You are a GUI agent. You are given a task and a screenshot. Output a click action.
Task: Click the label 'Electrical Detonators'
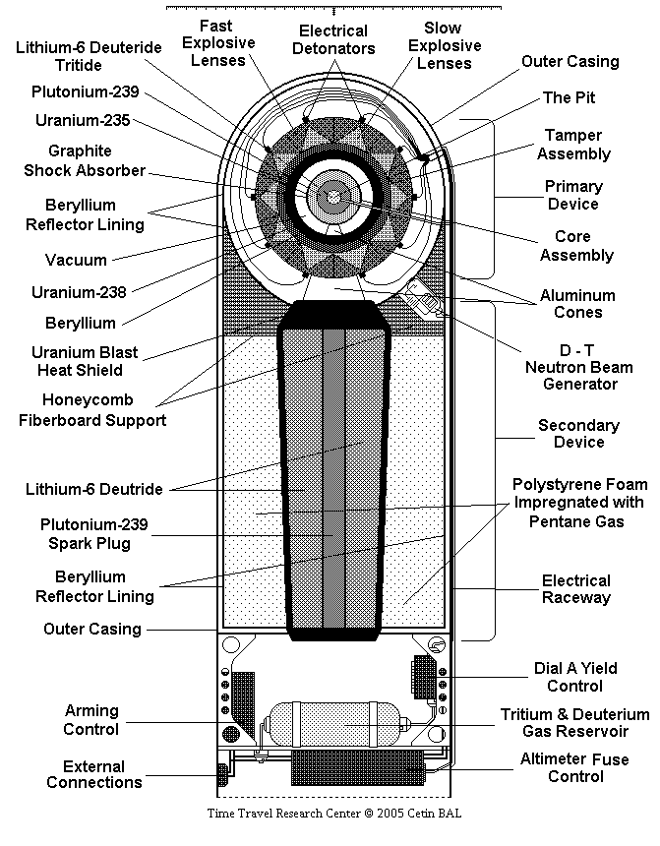coord(333,39)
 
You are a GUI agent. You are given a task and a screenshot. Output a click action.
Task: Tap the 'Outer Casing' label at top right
coord(570,62)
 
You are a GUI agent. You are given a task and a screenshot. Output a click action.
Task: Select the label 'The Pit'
coord(569,97)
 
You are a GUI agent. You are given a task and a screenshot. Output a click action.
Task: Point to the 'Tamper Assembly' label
coord(573,144)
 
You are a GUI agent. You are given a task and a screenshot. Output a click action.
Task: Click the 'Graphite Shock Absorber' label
coord(85,160)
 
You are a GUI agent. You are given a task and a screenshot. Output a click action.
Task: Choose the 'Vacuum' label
coord(76,260)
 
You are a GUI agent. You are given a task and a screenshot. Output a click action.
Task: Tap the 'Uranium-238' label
coord(79,292)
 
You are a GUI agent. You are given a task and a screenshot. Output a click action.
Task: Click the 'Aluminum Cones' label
coord(577,304)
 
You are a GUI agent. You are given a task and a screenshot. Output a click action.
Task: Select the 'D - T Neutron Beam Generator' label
coord(579,367)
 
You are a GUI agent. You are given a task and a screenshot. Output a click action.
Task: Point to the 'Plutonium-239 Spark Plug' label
coord(93,533)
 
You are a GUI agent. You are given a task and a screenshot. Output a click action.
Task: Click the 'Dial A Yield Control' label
coord(575,677)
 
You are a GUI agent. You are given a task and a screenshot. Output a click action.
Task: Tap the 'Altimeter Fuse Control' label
coord(574,767)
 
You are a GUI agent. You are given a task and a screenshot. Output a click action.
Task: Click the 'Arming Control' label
coord(91,720)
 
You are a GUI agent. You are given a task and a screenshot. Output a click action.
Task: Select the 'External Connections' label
coord(93,774)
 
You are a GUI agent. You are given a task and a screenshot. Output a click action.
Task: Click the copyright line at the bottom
coord(334,814)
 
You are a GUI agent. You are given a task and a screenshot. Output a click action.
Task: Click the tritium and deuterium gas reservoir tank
coord(334,724)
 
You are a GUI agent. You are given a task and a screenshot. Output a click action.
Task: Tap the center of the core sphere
coord(334,198)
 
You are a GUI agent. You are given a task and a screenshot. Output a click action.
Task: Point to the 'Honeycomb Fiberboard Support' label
coord(92,410)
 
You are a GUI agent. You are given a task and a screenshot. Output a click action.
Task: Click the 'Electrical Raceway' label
coord(575,589)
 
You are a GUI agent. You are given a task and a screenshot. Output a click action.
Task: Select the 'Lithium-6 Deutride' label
coord(93,489)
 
